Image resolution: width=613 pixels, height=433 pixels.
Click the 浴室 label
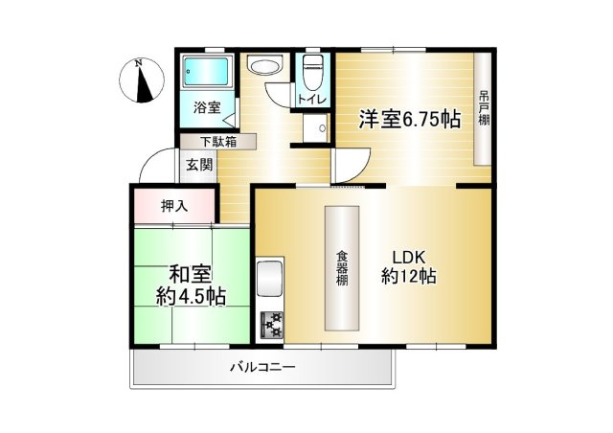[x=207, y=108]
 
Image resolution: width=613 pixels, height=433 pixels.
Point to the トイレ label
[x=310, y=100]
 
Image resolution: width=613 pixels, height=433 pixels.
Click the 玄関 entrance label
[x=199, y=165]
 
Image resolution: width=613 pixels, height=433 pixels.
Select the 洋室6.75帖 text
[x=409, y=121]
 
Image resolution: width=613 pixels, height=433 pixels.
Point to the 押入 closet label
[x=174, y=204]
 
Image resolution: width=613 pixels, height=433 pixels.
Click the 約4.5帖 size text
[x=191, y=297]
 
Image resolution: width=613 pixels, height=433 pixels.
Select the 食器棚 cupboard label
[x=341, y=269]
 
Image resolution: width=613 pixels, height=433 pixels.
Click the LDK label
[x=411, y=256]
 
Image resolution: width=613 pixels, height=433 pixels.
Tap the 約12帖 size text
[x=409, y=277]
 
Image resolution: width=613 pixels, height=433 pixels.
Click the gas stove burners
[x=271, y=326]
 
